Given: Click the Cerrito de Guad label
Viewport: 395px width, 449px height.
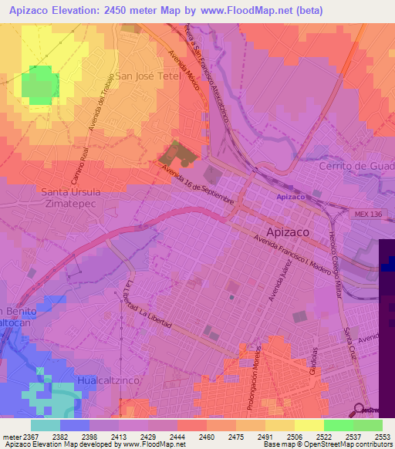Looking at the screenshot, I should tap(356, 167).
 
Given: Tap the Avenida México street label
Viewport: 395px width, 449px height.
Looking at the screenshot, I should tap(185, 70).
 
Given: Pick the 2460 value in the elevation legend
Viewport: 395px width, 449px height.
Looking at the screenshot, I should tap(206, 437).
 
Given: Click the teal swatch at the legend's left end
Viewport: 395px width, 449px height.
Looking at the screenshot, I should tap(46, 425).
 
